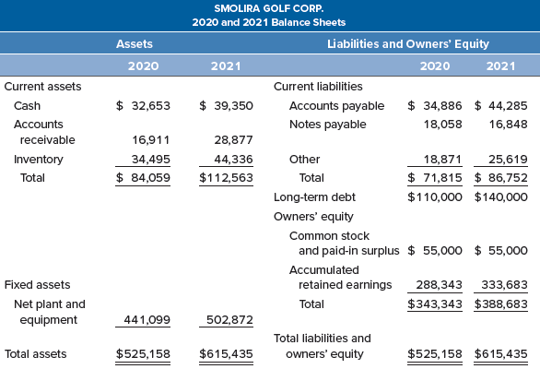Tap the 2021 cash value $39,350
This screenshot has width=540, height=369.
tap(226, 106)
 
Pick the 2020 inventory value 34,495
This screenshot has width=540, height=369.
tap(149, 159)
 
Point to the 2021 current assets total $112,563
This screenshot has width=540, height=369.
tap(226, 177)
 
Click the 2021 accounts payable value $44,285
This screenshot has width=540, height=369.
tap(501, 106)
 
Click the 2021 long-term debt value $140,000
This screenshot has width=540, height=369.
tap(501, 196)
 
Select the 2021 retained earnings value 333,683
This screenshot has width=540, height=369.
tap(504, 284)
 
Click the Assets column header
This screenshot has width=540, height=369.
tap(135, 43)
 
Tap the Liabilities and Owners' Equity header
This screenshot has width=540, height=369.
tap(407, 43)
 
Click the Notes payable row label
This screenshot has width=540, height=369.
tap(327, 124)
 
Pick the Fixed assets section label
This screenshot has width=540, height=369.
tap(37, 284)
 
